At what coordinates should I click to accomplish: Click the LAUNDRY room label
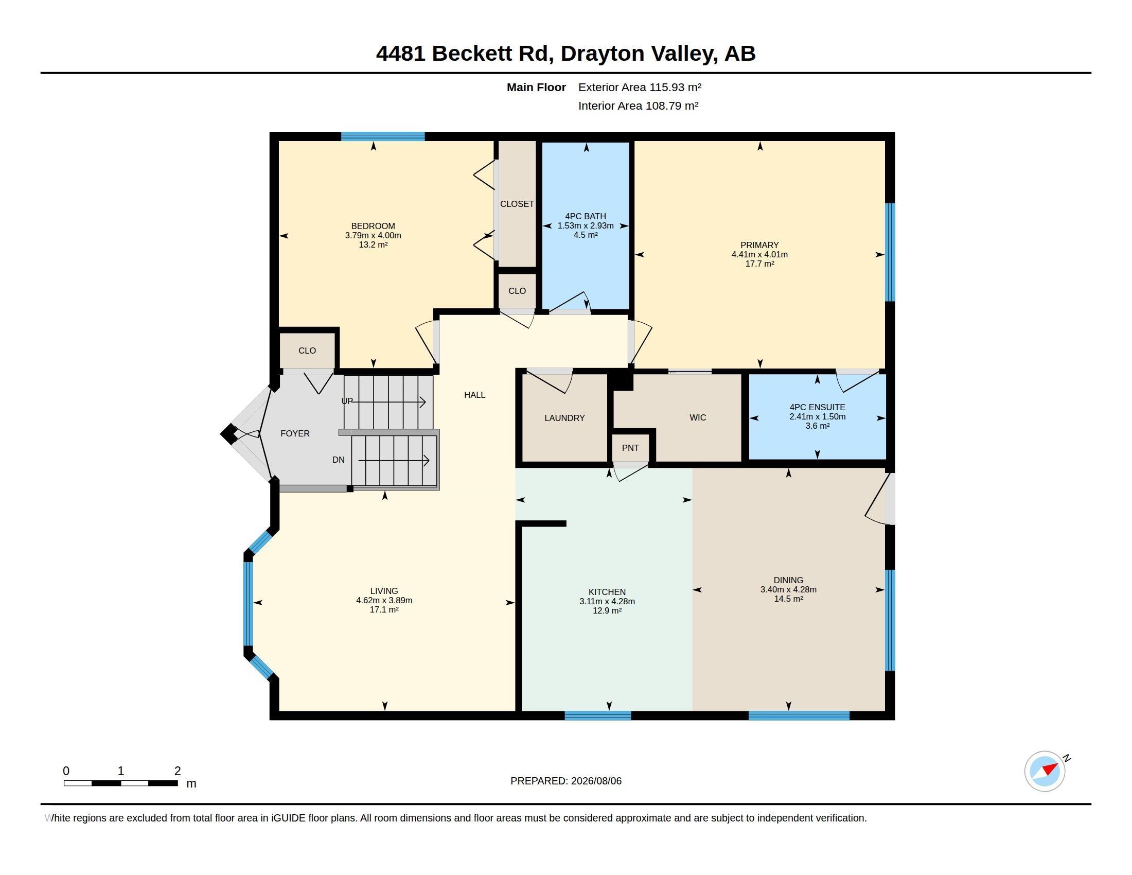pos(564,418)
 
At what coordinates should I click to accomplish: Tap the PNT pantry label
pos(630,448)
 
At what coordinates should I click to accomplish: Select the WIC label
pos(698,417)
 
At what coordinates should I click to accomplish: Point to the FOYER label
pos(295,433)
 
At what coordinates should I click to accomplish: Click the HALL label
pos(475,395)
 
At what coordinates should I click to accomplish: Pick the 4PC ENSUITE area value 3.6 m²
pos(818,426)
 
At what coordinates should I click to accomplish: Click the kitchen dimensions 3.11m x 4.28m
pos(607,601)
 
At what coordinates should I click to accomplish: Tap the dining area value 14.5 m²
pos(788,599)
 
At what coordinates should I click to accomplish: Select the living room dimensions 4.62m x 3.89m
pos(384,600)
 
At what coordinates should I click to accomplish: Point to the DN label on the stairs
pos(339,460)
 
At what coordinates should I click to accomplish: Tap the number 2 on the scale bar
pos(178,771)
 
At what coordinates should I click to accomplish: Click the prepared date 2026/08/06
pos(596,781)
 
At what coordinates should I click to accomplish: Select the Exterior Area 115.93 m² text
pos(640,87)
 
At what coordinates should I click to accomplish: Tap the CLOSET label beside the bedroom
pos(517,204)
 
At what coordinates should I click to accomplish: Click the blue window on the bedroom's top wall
pos(383,136)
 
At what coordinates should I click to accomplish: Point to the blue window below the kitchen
pos(597,716)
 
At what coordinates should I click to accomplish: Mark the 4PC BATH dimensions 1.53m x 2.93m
pos(586,225)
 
